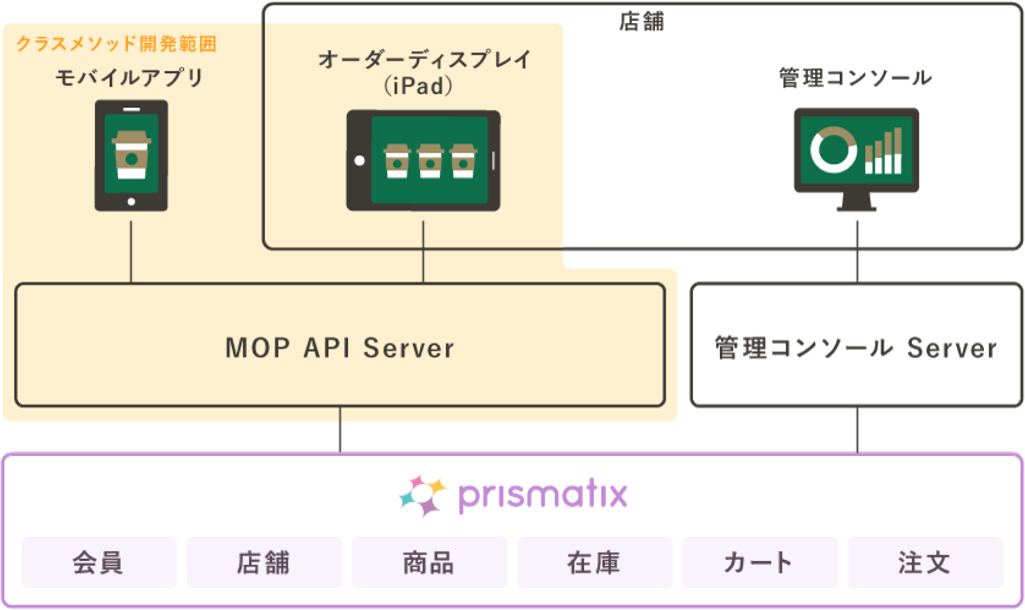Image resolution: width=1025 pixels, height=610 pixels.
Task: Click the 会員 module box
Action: click(99, 562)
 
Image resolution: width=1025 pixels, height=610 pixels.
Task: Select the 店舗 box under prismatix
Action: click(264, 562)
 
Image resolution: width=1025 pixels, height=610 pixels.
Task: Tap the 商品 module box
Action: click(429, 562)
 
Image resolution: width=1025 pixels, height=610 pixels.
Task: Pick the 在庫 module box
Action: click(594, 562)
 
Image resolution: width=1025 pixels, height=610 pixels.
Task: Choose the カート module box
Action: click(759, 562)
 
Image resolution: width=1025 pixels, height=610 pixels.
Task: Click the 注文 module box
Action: click(924, 562)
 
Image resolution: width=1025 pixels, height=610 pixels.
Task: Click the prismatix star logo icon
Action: click(423, 495)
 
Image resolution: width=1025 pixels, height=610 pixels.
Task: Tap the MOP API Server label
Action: click(340, 348)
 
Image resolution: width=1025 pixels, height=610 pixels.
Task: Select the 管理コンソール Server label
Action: click(856, 348)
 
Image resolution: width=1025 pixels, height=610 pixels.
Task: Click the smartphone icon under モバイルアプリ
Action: click(131, 155)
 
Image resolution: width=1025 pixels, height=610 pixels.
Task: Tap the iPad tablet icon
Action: click(423, 160)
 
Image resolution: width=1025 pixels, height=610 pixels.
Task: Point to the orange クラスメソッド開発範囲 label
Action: click(116, 43)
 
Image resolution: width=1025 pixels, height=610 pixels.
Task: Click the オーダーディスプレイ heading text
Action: click(424, 60)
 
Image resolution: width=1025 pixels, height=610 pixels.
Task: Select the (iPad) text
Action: click(419, 86)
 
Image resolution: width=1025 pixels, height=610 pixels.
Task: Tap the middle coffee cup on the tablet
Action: click(430, 160)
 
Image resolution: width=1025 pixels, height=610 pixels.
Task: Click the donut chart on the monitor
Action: click(833, 150)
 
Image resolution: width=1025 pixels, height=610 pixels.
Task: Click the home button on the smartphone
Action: click(131, 202)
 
